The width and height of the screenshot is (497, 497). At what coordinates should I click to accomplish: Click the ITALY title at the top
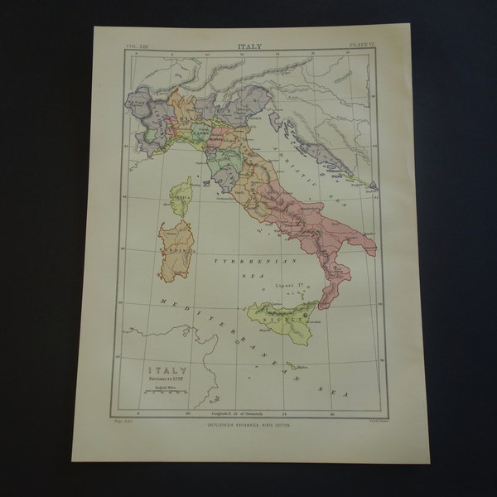pyautogui.click(x=251, y=47)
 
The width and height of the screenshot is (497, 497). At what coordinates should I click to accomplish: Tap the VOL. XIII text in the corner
pyautogui.click(x=137, y=48)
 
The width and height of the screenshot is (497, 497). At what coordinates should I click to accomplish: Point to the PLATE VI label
pyautogui.click(x=362, y=48)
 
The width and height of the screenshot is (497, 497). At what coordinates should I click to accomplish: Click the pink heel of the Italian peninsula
pyautogui.click(x=367, y=248)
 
